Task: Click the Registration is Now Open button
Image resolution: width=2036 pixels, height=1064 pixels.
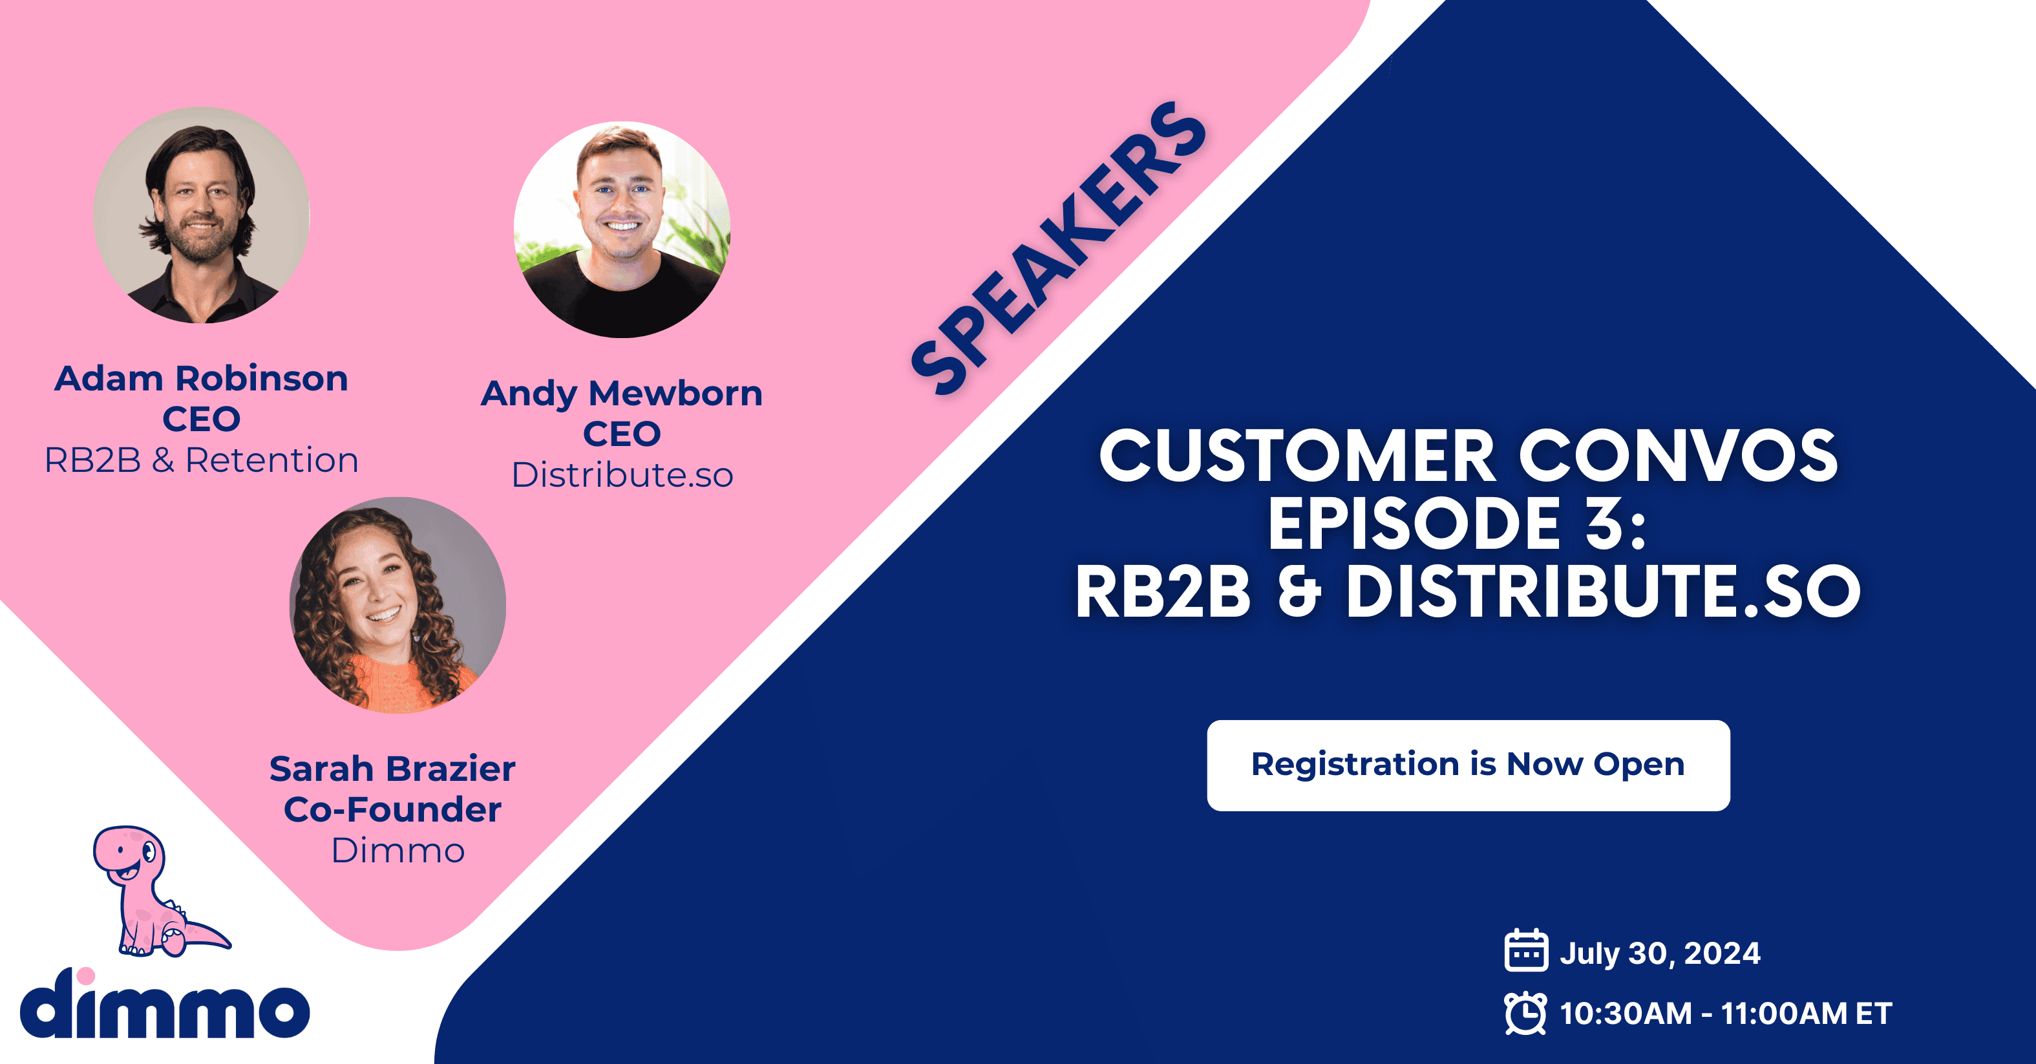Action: tap(1468, 765)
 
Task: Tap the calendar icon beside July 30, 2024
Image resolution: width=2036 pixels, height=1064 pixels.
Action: tap(1525, 950)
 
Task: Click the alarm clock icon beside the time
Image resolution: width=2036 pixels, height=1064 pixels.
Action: tap(1525, 1013)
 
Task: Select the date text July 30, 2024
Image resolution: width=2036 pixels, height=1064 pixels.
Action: tap(1660, 953)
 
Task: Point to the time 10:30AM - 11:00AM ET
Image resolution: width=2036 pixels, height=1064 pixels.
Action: tap(1725, 1014)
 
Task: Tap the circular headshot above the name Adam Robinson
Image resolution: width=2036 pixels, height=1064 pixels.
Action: tap(202, 215)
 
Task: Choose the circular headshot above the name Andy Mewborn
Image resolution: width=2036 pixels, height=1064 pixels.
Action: tap(622, 229)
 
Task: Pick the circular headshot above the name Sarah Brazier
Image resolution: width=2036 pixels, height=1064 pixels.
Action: tap(398, 605)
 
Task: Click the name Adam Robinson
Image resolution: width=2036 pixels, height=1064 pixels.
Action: tap(201, 379)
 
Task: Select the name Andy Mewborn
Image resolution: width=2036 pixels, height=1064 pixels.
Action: tap(622, 394)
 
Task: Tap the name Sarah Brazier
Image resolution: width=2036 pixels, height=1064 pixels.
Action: tap(392, 769)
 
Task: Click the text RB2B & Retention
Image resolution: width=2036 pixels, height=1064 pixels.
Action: tap(201, 460)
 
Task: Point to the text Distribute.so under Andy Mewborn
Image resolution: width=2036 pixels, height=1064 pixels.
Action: tap(622, 475)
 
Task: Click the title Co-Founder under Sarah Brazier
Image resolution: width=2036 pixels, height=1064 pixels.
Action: tap(392, 809)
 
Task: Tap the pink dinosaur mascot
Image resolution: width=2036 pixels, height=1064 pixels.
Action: tap(158, 891)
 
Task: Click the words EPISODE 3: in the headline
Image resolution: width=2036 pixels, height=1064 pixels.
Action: tap(1458, 524)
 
